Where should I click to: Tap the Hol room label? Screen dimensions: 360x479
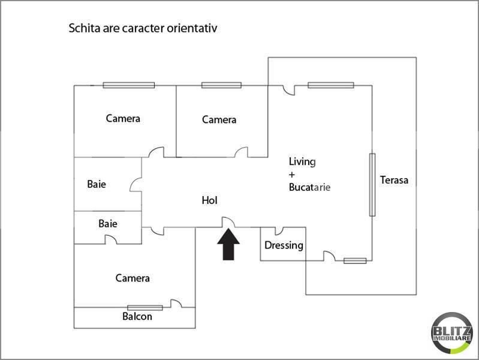coord(209,200)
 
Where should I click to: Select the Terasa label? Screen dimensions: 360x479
coord(394,180)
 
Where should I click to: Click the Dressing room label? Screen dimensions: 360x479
coord(284,245)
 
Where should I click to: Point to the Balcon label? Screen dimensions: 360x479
coord(137,316)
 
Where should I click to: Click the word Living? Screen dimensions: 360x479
coord(302,161)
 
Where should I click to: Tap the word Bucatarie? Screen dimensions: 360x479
coord(309,187)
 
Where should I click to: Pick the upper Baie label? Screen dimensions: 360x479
coord(97,184)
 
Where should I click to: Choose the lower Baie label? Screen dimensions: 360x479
coord(108,224)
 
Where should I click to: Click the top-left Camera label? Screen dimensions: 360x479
coord(123,118)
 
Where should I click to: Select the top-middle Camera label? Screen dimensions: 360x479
coord(219,120)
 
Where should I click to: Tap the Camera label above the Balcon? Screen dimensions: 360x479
coord(132,278)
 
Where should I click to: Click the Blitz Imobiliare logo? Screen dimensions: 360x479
coord(452,332)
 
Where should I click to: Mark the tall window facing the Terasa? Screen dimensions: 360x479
coord(372,185)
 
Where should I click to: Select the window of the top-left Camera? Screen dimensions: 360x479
coord(128,85)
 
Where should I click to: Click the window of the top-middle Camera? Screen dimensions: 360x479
coord(221,85)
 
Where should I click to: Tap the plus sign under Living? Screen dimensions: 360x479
coord(292,175)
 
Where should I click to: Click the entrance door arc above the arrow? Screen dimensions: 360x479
coord(228,222)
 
